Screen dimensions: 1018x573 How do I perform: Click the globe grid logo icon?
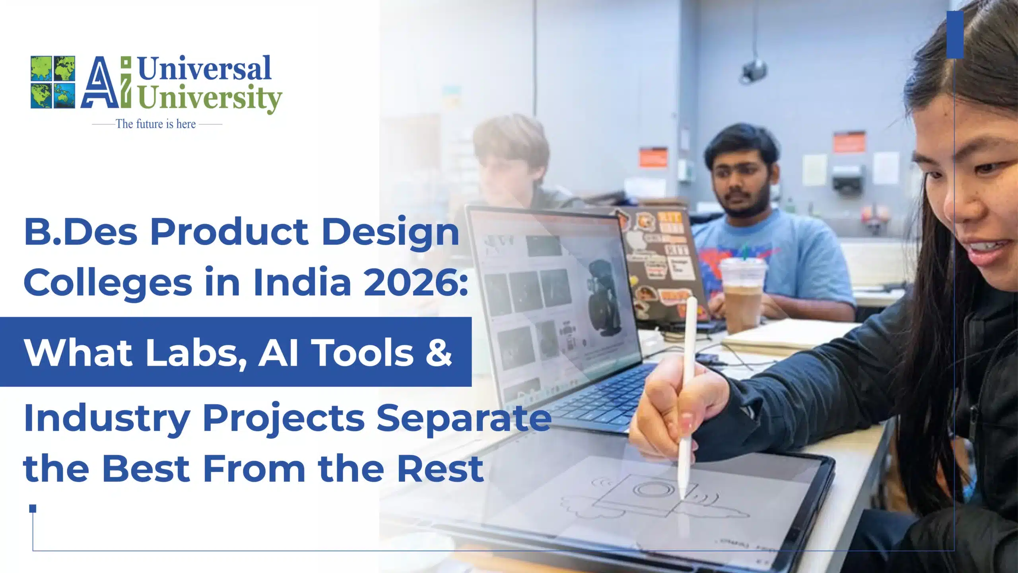point(53,82)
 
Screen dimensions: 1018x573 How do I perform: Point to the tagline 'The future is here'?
point(156,124)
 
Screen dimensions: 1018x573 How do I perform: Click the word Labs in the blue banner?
point(192,353)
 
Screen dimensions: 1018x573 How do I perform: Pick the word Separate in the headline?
point(464,419)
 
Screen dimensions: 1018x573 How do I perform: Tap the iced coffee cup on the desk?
point(742,294)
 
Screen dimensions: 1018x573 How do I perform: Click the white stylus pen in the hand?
point(687,398)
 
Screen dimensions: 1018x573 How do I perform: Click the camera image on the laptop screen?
point(603,297)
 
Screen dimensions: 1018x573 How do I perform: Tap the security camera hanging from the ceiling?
point(753,72)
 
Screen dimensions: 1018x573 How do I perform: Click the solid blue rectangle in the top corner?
point(955,35)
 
